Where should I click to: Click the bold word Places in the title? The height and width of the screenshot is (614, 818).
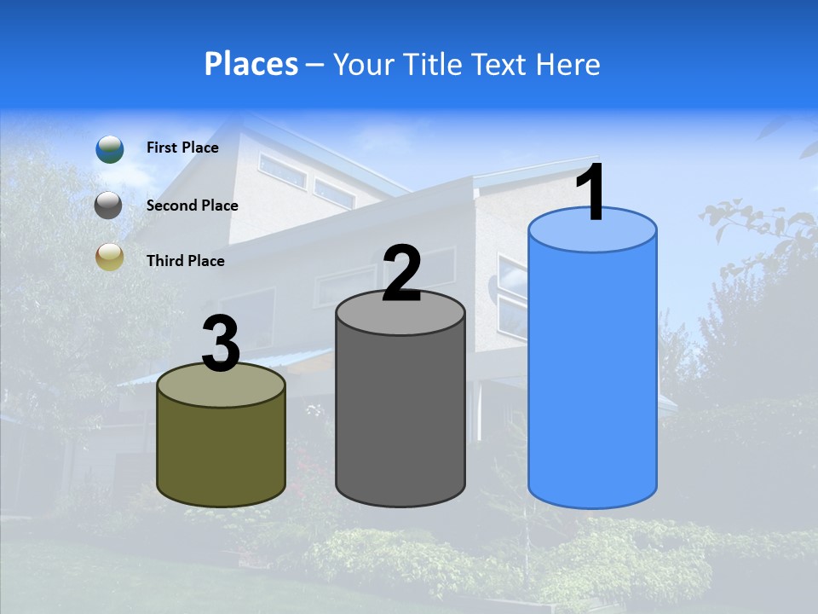coord(251,64)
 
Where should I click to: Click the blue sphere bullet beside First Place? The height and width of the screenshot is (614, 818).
coord(109,148)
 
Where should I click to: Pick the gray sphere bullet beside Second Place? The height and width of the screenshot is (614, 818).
coord(109,206)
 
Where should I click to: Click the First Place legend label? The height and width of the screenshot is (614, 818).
coord(182,148)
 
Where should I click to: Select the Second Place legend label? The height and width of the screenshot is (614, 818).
coord(192,206)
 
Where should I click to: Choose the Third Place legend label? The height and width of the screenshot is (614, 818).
coord(185,261)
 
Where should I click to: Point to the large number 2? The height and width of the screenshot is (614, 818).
coord(401,274)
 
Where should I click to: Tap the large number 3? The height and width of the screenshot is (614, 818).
coord(222,345)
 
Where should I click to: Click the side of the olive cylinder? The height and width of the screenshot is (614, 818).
coord(222,456)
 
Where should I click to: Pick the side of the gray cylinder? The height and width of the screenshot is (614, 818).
coord(400,418)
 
